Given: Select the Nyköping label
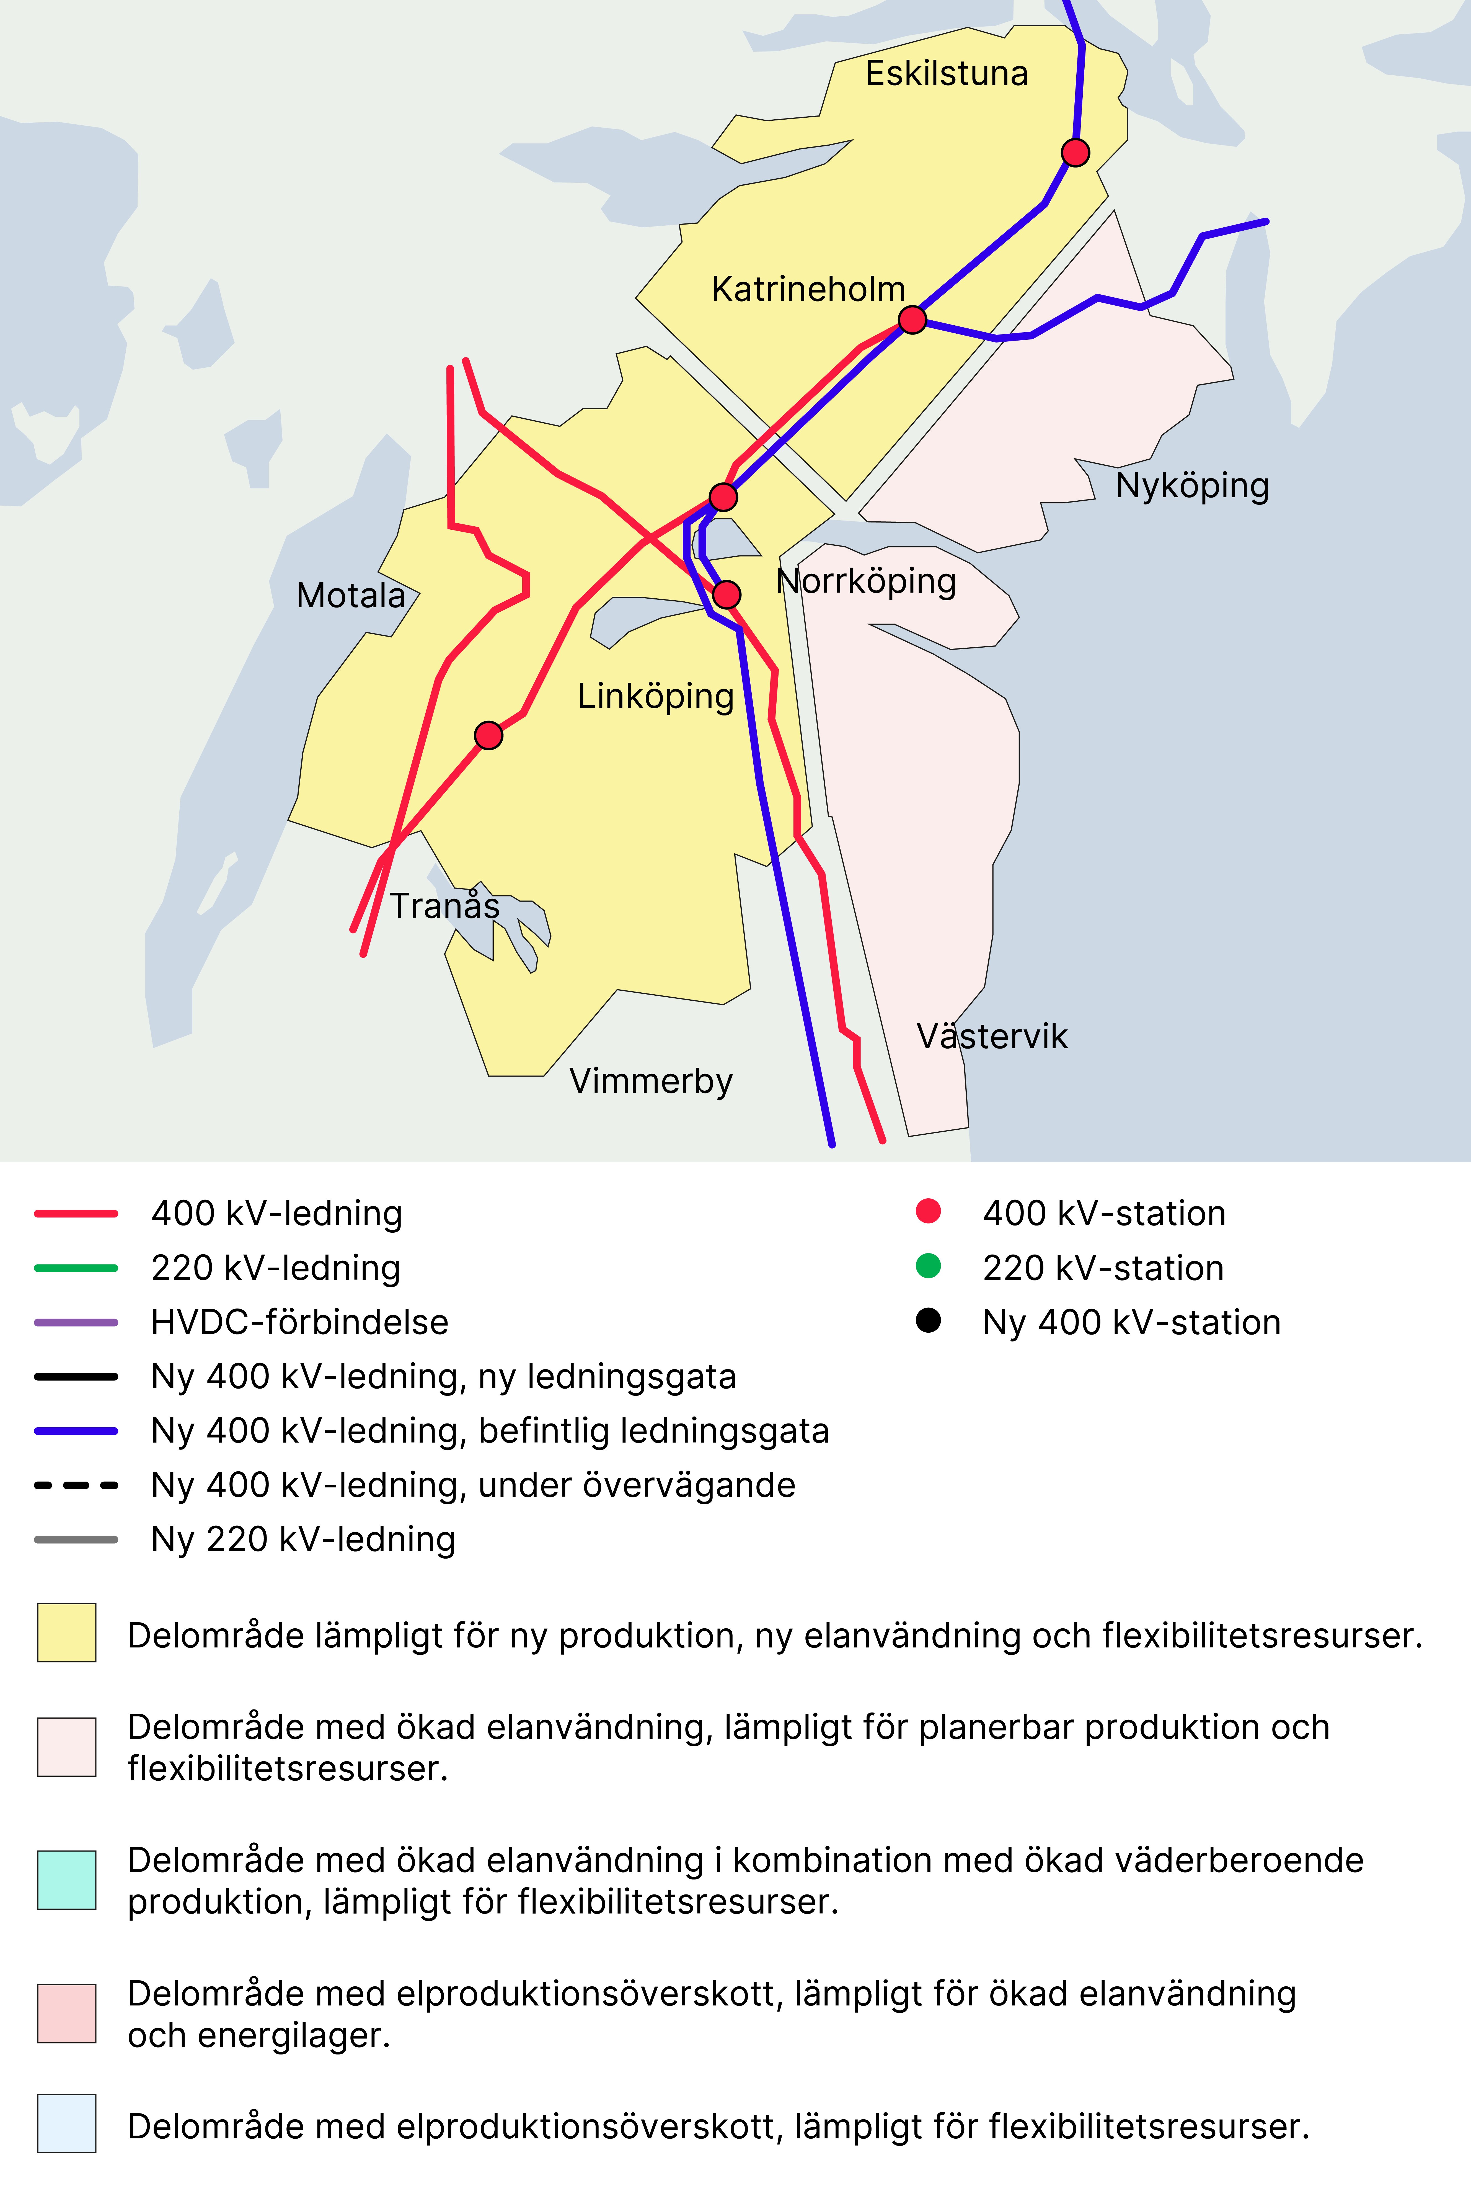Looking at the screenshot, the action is (x=1191, y=486).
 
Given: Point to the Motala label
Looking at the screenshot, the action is (x=350, y=596).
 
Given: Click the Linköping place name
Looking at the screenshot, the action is (x=655, y=696).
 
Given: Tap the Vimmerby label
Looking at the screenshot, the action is (x=650, y=1081).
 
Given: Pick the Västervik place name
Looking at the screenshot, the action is (x=992, y=1036).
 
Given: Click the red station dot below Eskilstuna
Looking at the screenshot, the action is (x=1075, y=152).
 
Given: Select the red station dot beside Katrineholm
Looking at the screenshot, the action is (x=912, y=320).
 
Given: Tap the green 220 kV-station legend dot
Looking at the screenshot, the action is (x=928, y=1267).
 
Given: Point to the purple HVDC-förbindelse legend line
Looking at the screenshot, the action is (x=76, y=1322).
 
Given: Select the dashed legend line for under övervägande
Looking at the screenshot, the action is (x=76, y=1485).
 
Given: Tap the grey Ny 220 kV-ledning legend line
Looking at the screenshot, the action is (x=76, y=1540).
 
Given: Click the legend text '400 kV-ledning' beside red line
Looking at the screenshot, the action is (x=277, y=1213).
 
